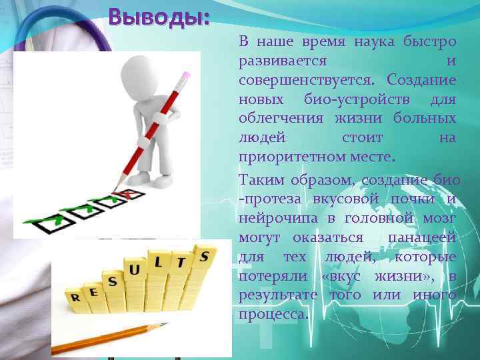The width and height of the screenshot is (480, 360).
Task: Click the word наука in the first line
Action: point(375,41)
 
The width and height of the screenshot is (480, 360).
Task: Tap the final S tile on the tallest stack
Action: point(203,255)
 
